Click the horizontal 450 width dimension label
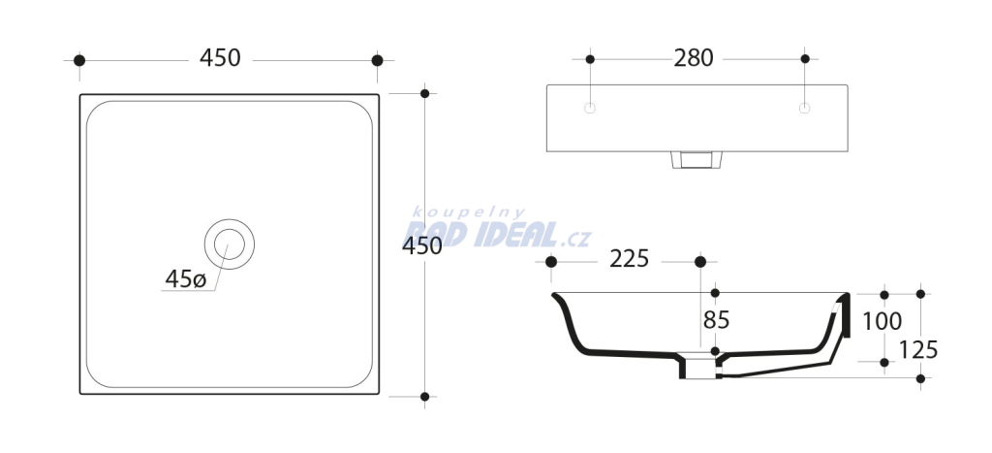tap(220, 58)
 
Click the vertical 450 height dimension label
tap(422, 245)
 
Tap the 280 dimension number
tap(694, 58)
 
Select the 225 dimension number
tap(630, 258)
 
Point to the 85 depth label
tap(716, 320)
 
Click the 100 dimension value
tap(883, 322)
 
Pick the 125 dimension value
tap(918, 350)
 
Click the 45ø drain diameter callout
tap(186, 278)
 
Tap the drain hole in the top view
tap(229, 243)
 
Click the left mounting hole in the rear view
tap(590, 109)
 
